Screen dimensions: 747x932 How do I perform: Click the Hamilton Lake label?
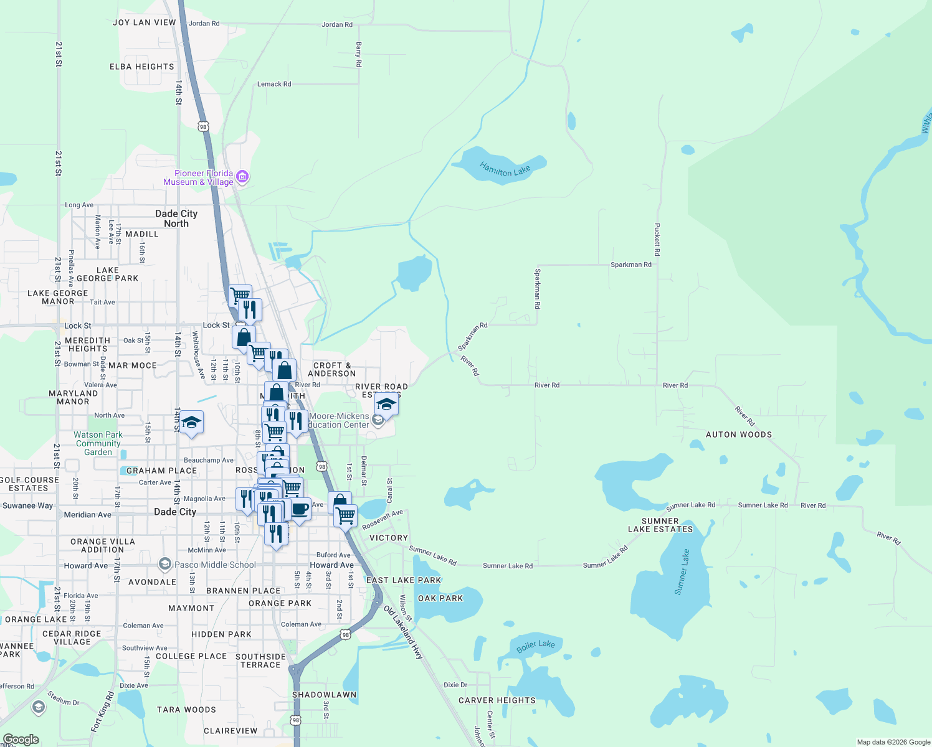tap(505, 169)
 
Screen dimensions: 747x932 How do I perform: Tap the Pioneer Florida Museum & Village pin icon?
tap(243, 177)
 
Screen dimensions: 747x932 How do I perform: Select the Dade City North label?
tap(176, 218)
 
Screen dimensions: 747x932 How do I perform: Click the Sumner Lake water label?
tap(682, 571)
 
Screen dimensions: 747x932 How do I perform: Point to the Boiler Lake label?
tap(535, 647)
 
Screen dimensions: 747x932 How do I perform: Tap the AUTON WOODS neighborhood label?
tap(738, 435)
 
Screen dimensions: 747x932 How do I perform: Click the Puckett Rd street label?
tap(657, 240)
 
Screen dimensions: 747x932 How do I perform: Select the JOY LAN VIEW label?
tap(145, 22)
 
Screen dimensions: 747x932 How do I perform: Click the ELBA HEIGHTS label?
tap(142, 67)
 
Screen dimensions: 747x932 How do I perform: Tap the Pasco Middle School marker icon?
tap(164, 565)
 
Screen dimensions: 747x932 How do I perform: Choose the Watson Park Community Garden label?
tap(98, 443)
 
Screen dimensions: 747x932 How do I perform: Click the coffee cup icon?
tap(300, 509)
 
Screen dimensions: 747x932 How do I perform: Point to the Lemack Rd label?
tap(274, 84)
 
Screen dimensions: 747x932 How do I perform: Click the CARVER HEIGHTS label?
tap(497, 700)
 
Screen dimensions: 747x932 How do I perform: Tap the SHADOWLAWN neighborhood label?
tap(324, 695)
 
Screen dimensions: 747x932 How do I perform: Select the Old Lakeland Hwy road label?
tap(403, 632)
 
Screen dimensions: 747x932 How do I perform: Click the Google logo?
tap(21, 740)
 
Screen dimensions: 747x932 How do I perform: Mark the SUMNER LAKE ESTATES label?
tap(660, 525)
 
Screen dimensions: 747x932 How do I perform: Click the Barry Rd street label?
tap(359, 55)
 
